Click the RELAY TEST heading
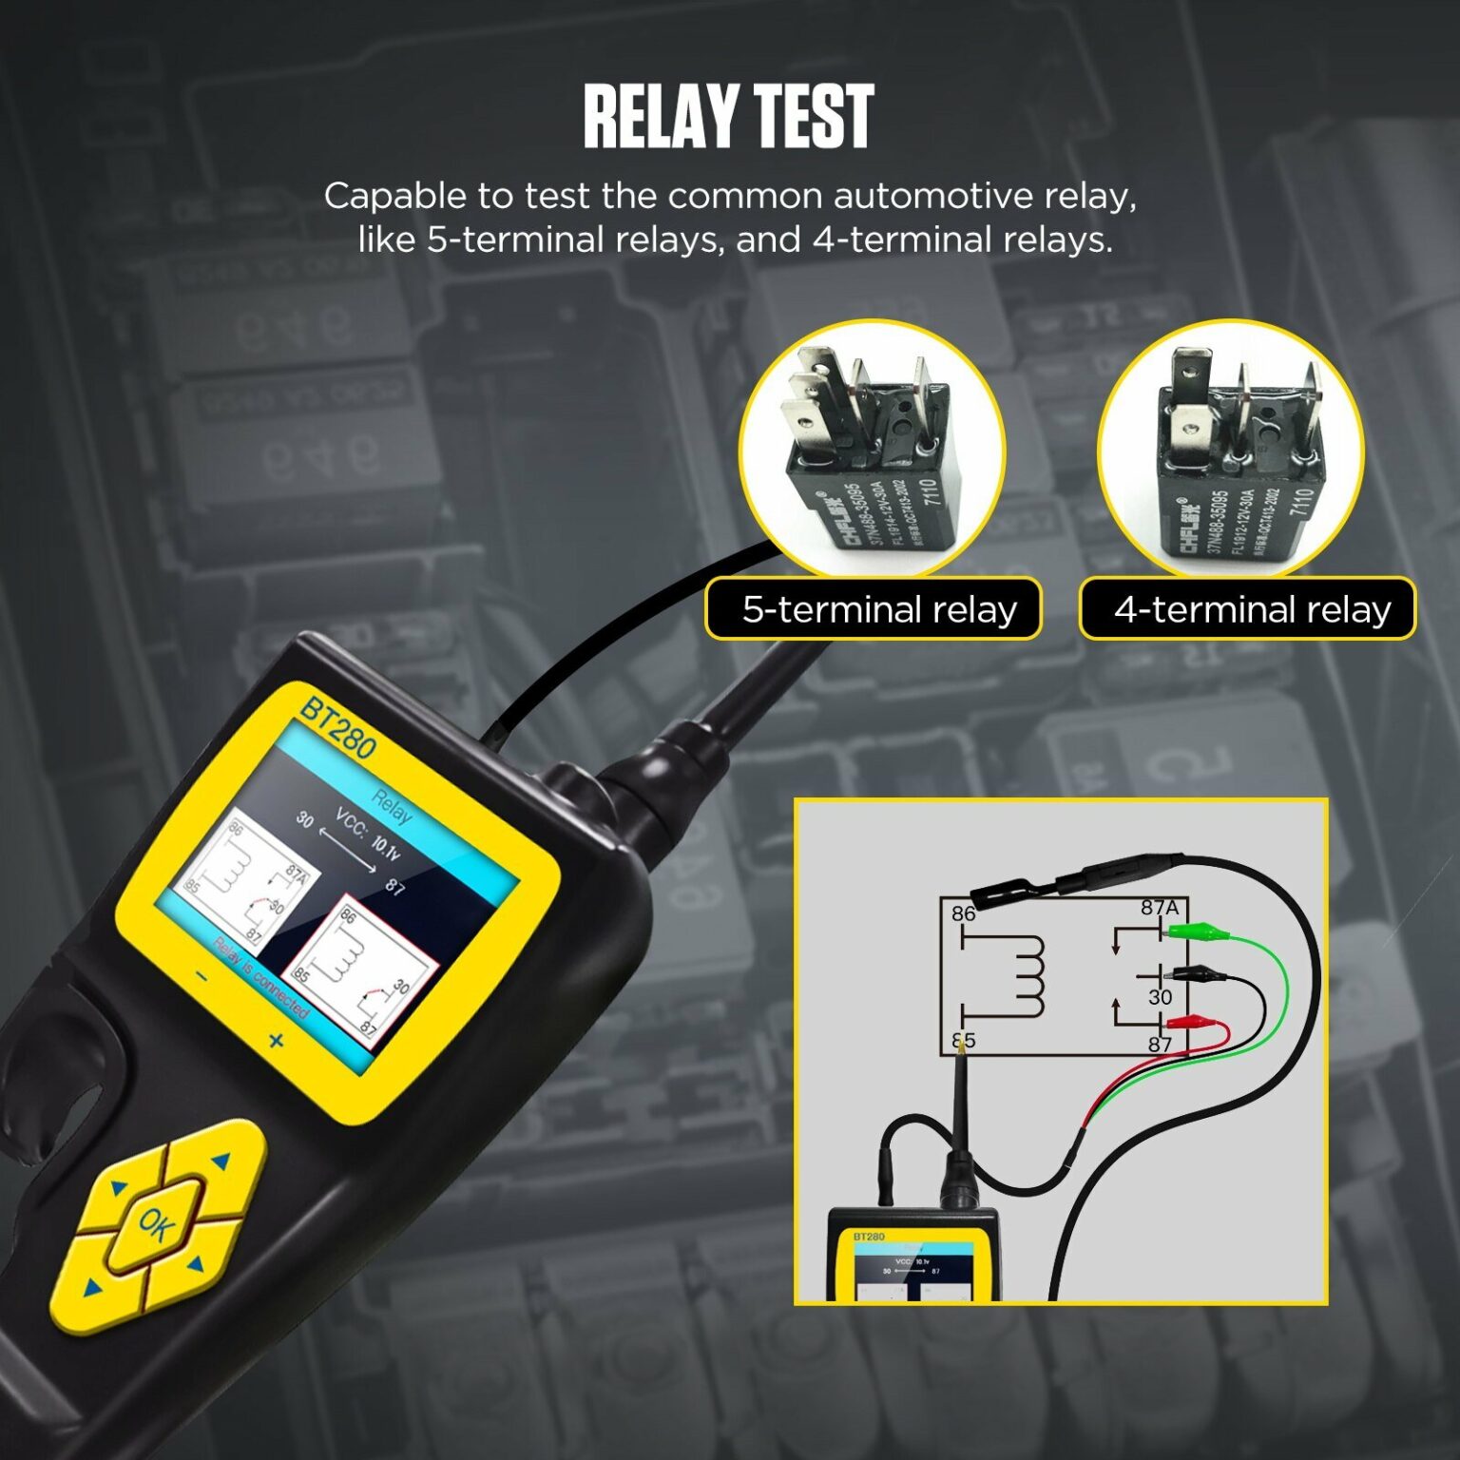(728, 117)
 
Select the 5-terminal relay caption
(878, 608)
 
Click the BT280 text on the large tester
(337, 728)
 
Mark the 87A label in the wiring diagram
(1160, 908)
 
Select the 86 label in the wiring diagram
(964, 914)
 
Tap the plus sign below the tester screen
(276, 1041)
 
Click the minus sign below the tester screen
(202, 975)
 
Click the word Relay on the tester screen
(392, 806)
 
